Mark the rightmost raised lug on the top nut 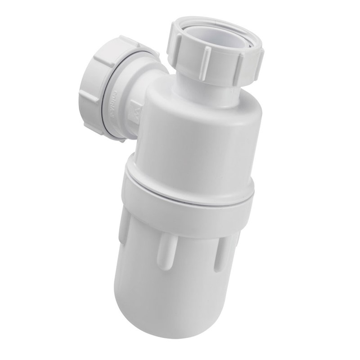pos(259,63)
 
